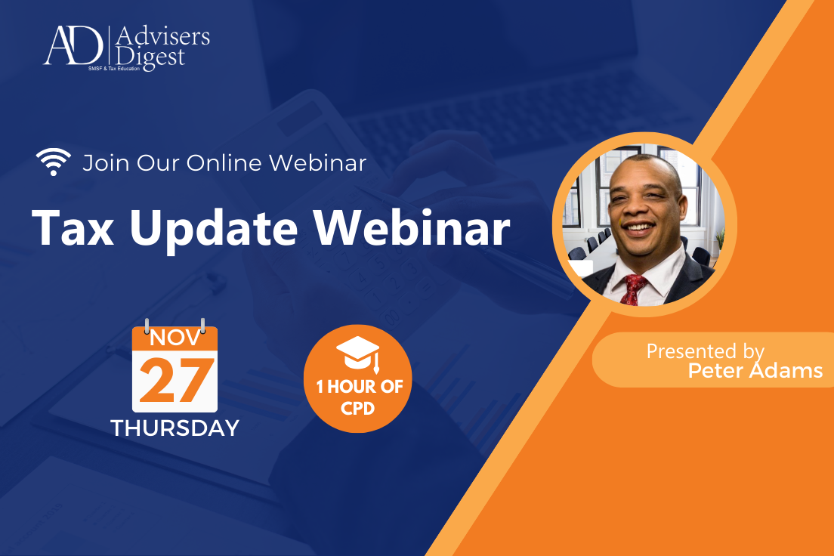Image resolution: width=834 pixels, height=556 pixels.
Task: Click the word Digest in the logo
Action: click(151, 57)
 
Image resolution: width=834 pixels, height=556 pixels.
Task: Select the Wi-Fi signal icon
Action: click(53, 162)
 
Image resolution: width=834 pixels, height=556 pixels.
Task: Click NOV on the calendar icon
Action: click(175, 337)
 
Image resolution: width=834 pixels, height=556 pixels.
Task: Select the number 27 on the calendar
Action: click(175, 381)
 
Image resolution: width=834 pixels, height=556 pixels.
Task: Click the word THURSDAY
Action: click(175, 428)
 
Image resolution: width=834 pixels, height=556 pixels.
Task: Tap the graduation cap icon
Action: click(357, 354)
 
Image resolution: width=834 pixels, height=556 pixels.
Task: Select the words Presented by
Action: click(705, 351)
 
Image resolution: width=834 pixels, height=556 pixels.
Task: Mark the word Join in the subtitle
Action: click(102, 162)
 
